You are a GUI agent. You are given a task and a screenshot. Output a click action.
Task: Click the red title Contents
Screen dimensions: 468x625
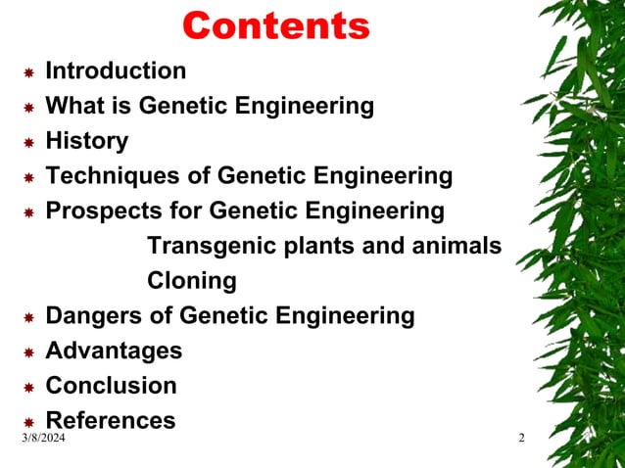click(276, 25)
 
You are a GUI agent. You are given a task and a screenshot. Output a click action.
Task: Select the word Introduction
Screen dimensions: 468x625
click(116, 70)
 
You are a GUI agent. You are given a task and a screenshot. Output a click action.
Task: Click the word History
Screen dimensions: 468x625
click(87, 141)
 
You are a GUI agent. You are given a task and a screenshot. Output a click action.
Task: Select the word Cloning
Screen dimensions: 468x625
click(192, 281)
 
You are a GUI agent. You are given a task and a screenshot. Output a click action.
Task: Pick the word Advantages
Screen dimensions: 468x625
click(114, 351)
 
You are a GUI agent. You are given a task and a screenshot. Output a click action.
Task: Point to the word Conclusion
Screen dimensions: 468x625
click(112, 386)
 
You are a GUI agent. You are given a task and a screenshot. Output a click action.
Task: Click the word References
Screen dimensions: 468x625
click(111, 421)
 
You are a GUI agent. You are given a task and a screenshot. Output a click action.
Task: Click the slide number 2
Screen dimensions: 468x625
click(521, 438)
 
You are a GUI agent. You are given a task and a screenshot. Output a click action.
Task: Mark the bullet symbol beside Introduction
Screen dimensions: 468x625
click(29, 72)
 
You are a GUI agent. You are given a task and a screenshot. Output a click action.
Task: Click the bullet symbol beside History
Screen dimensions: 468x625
click(29, 143)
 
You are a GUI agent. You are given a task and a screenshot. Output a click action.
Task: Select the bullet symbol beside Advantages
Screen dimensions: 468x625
click(29, 352)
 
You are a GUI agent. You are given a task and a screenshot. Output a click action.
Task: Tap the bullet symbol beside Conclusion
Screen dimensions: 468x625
click(29, 388)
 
